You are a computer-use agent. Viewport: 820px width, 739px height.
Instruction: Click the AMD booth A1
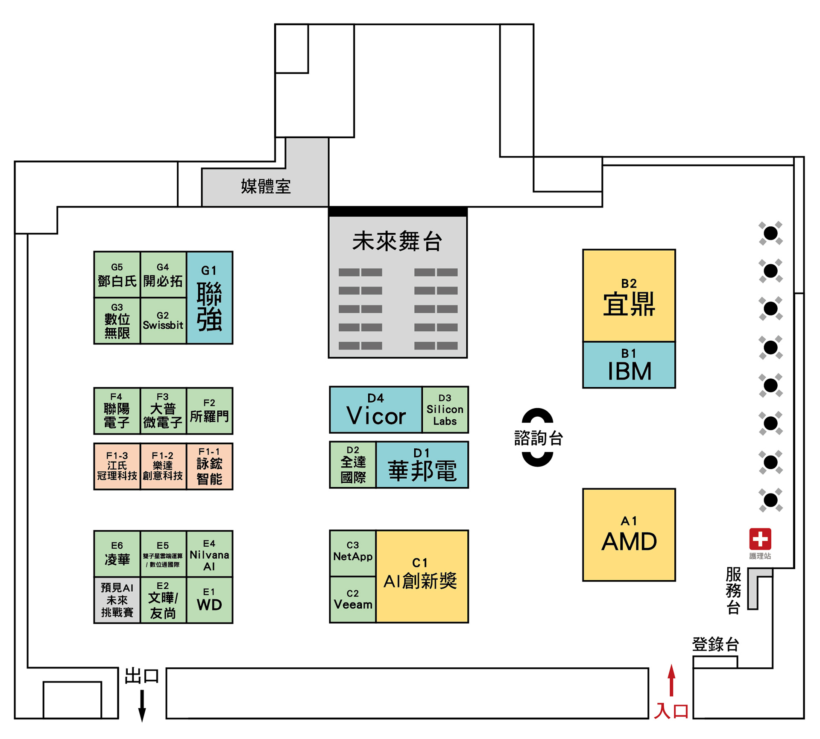(629, 535)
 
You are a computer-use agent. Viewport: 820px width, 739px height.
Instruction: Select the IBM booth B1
(629, 365)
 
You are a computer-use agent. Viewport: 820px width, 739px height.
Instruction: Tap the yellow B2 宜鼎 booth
(629, 295)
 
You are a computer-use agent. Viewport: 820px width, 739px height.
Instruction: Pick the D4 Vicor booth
(375, 410)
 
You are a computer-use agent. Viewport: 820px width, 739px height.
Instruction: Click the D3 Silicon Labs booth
(445, 410)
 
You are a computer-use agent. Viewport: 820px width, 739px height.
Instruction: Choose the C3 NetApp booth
(353, 553)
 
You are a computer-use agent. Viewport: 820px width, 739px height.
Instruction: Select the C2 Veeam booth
(353, 599)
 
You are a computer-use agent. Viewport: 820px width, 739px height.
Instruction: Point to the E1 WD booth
(209, 600)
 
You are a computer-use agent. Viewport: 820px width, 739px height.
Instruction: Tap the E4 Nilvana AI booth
(209, 554)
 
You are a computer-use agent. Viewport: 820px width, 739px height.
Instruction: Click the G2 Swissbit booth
(163, 321)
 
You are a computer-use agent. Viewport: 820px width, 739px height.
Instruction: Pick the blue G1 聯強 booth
(209, 298)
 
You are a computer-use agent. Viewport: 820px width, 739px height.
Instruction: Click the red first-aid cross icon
(760, 539)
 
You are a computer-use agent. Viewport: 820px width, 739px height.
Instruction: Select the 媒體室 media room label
(266, 187)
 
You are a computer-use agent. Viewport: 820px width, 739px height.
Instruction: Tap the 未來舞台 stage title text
(397, 241)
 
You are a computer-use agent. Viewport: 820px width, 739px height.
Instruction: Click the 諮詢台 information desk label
(538, 438)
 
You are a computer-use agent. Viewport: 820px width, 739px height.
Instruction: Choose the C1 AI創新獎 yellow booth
(422, 576)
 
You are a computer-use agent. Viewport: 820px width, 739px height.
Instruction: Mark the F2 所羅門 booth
(209, 411)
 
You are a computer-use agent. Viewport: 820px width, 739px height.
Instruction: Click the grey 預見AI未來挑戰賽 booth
(117, 600)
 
